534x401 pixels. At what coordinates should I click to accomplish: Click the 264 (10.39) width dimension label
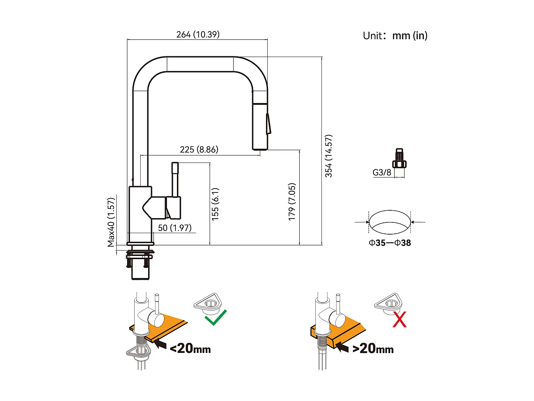coord(198,35)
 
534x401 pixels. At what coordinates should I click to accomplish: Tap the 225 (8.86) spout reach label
coord(199,149)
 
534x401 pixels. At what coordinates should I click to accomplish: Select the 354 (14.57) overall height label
coord(329,156)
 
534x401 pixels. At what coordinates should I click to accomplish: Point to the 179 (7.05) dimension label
coord(292,202)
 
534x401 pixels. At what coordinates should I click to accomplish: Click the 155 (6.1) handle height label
coord(215,204)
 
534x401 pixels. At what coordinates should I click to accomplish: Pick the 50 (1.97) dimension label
coord(175,228)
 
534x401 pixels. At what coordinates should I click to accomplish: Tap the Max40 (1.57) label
coord(111,222)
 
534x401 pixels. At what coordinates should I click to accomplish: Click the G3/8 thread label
coord(382,173)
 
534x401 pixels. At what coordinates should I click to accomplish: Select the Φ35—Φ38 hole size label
coord(390,243)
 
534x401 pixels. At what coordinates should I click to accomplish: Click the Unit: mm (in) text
coord(395,36)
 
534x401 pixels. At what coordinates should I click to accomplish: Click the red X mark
coord(399,319)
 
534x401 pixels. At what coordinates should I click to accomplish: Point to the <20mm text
coord(190,348)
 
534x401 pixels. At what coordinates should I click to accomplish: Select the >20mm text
coord(373,348)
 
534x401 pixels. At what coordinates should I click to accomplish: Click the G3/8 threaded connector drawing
coord(399,159)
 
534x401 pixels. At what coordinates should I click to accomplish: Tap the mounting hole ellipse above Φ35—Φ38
coord(390,222)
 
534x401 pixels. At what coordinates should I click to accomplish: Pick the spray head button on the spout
coord(268,124)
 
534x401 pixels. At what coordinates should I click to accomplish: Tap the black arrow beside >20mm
coord(342,346)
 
